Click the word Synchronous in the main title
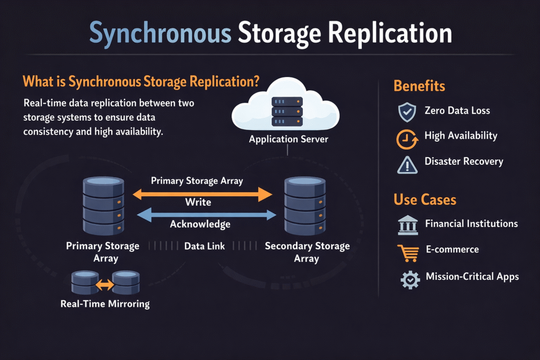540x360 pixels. [160, 33]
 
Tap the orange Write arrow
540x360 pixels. [202, 194]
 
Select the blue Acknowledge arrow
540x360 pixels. [206, 214]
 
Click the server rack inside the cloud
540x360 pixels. [287, 111]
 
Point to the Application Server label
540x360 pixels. [288, 139]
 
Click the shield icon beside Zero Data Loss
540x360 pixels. [407, 111]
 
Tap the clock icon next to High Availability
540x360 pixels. [406, 138]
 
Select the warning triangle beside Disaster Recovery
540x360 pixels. [407, 164]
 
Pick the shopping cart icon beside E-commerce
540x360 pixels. [408, 252]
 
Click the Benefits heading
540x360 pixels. [419, 86]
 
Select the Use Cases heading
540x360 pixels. [425, 200]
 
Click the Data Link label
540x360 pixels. [205, 246]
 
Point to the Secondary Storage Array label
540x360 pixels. [307, 252]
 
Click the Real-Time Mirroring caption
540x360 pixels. [105, 304]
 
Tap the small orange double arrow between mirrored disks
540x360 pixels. [105, 285]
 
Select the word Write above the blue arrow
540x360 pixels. [198, 202]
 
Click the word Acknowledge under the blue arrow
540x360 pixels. [200, 225]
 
